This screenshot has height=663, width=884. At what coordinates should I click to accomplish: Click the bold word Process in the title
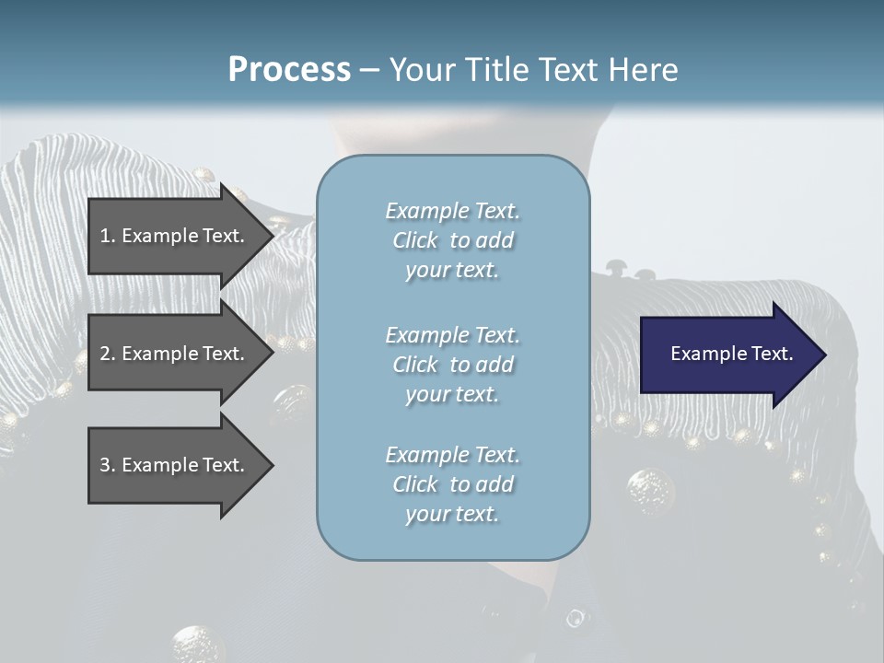click(289, 70)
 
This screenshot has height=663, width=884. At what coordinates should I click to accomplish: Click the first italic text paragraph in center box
click(452, 240)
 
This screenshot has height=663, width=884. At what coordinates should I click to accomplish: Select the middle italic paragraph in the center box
click(452, 365)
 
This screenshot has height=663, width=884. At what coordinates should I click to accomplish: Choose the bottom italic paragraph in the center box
click(452, 484)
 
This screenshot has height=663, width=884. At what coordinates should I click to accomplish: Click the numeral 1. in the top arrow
click(108, 236)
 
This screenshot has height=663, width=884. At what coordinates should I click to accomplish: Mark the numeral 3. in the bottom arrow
click(108, 465)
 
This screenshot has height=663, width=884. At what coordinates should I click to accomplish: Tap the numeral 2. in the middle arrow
click(108, 354)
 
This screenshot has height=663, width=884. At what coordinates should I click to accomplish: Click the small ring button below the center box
click(576, 618)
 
